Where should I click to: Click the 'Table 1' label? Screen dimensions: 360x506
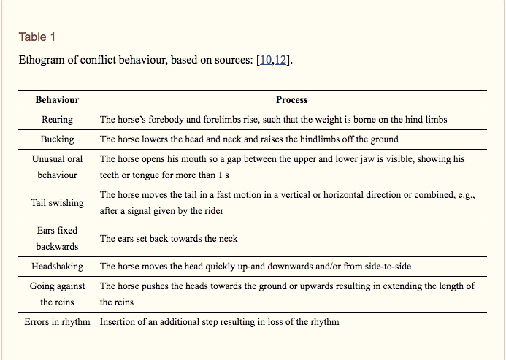click(x=37, y=37)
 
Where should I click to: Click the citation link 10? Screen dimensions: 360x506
click(x=266, y=60)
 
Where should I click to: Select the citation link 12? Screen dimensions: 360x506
click(x=281, y=60)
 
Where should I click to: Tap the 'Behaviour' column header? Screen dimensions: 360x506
click(x=57, y=99)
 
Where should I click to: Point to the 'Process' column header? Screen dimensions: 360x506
click(x=291, y=99)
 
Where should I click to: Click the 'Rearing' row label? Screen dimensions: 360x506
click(x=57, y=119)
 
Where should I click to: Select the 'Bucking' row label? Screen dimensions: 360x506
click(x=57, y=139)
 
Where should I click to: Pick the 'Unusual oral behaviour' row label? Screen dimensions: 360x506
click(x=57, y=166)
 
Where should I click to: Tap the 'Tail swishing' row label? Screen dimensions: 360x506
click(x=57, y=203)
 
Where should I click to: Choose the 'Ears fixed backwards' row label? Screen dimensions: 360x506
click(x=57, y=238)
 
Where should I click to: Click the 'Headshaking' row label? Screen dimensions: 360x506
click(x=57, y=267)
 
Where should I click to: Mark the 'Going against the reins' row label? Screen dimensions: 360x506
click(x=57, y=294)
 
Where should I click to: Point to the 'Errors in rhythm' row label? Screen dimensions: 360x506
click(x=57, y=321)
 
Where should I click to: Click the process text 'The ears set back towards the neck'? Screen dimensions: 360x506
click(x=169, y=239)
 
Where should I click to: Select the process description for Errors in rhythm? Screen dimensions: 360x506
click(x=219, y=321)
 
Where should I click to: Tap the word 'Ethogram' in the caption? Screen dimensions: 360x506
click(x=41, y=60)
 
